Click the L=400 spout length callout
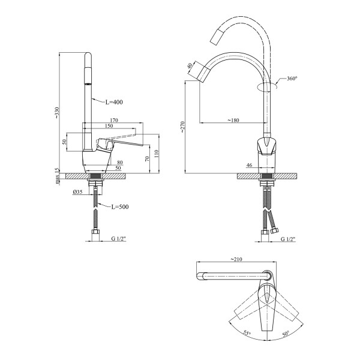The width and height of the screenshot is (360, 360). [114, 102]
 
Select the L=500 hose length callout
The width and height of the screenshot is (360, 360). [120, 207]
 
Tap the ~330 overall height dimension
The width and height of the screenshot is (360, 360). [57, 113]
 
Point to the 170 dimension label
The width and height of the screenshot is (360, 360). [114, 120]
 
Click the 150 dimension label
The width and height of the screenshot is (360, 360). [109, 126]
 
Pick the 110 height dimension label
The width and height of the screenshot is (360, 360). [157, 154]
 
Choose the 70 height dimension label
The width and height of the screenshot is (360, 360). [147, 158]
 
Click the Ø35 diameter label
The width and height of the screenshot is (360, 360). [77, 192]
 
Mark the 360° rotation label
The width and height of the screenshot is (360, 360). [292, 78]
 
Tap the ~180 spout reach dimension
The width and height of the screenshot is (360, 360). [233, 120]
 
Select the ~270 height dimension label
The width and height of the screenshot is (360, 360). [182, 127]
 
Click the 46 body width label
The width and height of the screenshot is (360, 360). [249, 165]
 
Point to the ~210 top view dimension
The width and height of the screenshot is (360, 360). [236, 259]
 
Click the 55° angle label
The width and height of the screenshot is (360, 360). [247, 333]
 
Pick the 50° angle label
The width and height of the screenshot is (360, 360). [286, 333]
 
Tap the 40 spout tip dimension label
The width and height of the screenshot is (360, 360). [190, 66]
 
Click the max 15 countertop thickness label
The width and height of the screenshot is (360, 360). [58, 176]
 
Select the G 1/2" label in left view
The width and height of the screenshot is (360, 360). [119, 239]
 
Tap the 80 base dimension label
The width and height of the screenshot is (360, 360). [120, 163]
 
